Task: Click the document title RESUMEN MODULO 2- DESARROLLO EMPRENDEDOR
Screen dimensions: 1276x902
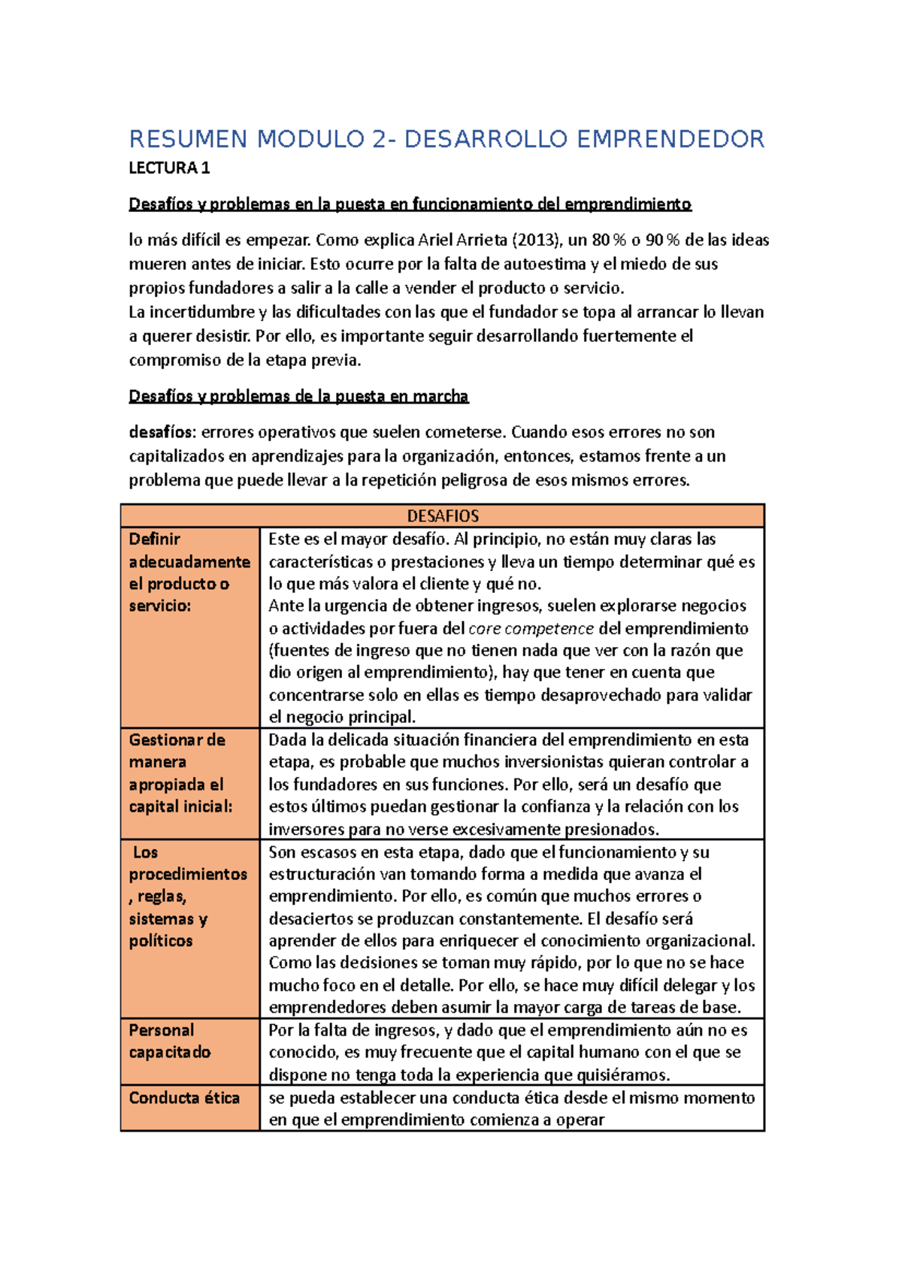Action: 446,140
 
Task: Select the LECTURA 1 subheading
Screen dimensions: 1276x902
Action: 169,168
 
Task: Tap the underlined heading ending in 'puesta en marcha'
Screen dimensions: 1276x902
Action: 298,396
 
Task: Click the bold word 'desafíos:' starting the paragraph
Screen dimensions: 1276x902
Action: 162,432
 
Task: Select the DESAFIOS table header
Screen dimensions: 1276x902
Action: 443,516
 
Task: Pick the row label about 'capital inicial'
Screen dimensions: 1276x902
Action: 180,773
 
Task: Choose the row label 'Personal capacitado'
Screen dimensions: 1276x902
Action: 170,1041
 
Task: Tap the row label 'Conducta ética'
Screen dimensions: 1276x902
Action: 184,1098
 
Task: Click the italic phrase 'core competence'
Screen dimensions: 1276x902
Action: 531,628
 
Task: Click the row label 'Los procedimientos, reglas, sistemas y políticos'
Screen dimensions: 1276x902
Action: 188,897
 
